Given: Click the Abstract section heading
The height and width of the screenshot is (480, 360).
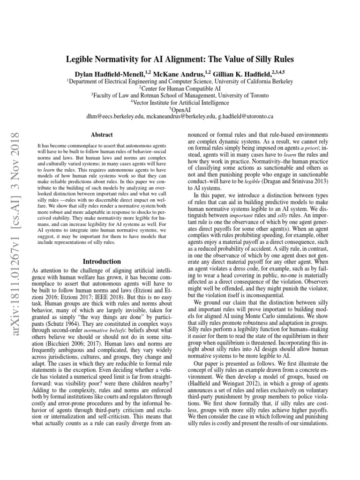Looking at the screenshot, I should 101,134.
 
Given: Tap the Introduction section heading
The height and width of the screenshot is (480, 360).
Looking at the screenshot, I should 102,261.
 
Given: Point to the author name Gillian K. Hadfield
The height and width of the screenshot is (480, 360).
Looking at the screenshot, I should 247,74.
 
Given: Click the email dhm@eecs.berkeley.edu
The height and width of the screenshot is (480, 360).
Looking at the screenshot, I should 118,116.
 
